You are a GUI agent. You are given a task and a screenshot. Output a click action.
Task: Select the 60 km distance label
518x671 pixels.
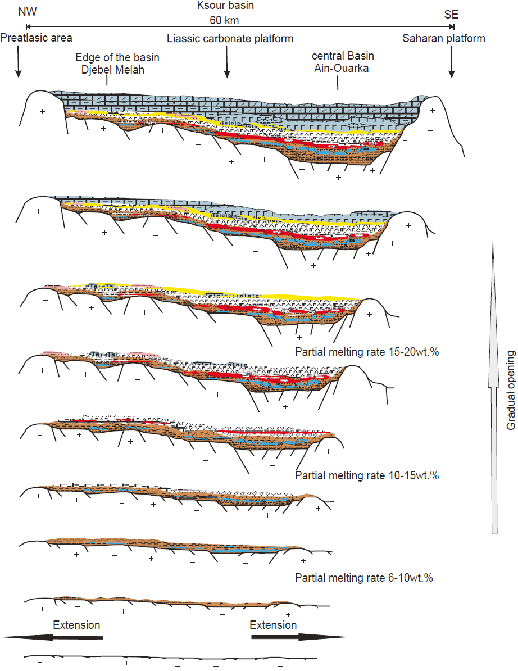pos(225,21)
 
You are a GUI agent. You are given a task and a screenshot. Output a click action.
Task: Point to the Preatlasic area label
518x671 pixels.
pos(37,38)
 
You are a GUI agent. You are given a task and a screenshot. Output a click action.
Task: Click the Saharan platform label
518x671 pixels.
pos(444,38)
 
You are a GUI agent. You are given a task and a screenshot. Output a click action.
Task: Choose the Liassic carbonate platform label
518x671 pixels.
pos(230,38)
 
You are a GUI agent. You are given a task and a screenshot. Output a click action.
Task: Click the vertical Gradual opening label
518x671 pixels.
pos(511,390)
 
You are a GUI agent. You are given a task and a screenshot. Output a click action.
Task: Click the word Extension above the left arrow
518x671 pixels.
pos(76,625)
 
